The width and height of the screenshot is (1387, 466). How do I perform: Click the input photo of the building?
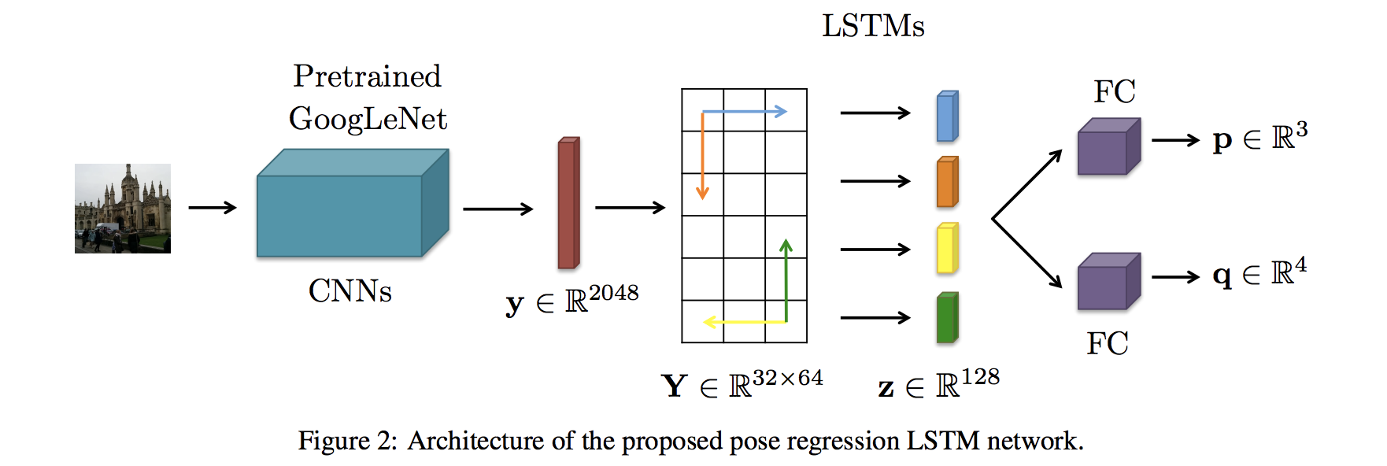point(122,209)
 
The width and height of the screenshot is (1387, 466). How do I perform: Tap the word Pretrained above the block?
point(367,76)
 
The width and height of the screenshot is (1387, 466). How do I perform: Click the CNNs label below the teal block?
point(350,291)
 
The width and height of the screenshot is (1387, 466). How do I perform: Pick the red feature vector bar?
point(568,204)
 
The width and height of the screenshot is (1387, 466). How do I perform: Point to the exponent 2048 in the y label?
point(613,293)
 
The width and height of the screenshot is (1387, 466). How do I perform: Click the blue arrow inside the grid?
point(744,112)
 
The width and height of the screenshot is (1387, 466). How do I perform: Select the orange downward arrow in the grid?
point(702,157)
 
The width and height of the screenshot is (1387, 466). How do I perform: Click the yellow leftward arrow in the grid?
point(744,322)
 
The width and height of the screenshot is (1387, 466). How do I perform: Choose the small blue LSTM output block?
point(947,116)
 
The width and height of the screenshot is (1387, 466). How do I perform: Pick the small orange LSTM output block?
point(947,182)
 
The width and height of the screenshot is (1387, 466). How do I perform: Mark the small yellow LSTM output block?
point(947,249)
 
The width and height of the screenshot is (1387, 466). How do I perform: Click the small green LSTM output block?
point(947,318)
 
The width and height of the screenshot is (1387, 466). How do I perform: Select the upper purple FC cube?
point(1108,147)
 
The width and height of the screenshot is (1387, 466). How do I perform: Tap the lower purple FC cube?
point(1108,282)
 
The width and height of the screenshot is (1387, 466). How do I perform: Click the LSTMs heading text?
point(873,26)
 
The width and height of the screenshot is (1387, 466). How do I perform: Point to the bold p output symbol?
point(1222,141)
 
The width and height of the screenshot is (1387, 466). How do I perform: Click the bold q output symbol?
point(1222,276)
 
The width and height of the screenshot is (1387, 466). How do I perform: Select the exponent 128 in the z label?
point(980,377)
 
